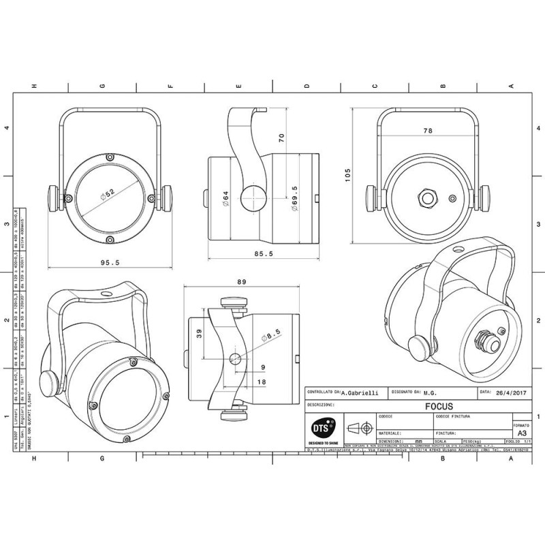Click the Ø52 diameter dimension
pyautogui.click(x=107, y=195)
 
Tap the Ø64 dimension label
pyautogui.click(x=225, y=198)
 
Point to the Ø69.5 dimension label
pyautogui.click(x=294, y=198)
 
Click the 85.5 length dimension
pyautogui.click(x=262, y=253)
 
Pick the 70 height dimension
pyautogui.click(x=281, y=137)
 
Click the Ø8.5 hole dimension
pyautogui.click(x=275, y=335)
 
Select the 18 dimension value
pyautogui.click(x=262, y=382)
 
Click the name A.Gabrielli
pyautogui.click(x=362, y=392)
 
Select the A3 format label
pyautogui.click(x=522, y=433)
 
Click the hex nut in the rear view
pyautogui.click(x=428, y=198)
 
